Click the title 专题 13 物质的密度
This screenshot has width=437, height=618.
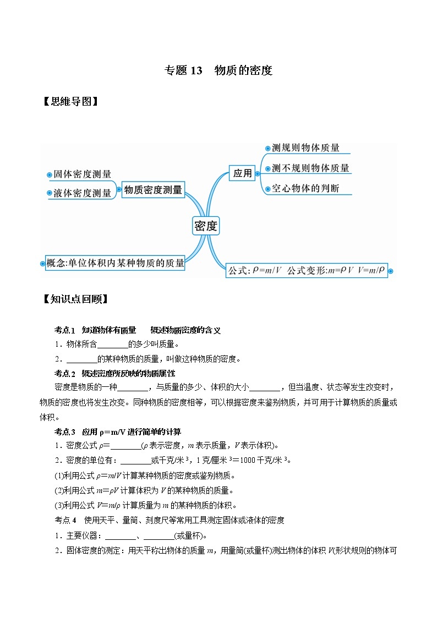tap(218, 70)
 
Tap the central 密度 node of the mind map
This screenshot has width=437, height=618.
tap(206, 225)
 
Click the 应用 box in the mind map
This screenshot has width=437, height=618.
tap(242, 173)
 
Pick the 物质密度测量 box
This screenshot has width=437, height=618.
tap(153, 190)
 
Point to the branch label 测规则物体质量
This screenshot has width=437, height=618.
tap(305, 148)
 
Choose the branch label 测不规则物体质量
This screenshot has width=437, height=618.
tap(310, 168)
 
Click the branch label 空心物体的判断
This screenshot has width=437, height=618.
tap(305, 188)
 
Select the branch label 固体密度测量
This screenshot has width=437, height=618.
tap(83, 174)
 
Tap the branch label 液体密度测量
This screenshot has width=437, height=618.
tap(83, 193)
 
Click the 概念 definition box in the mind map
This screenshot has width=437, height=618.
tap(116, 263)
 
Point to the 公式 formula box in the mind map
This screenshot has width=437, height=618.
tap(307, 270)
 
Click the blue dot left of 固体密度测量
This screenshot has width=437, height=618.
tap(49, 174)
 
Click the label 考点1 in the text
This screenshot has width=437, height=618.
tap(64, 330)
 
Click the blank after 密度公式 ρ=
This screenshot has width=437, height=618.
tap(126, 446)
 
